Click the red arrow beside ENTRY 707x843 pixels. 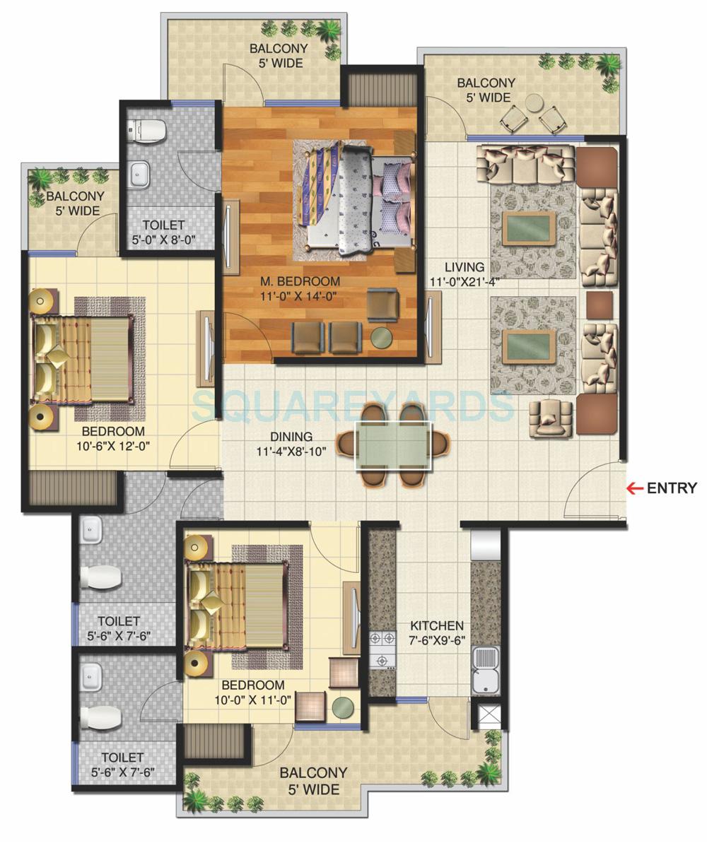pyautogui.click(x=634, y=488)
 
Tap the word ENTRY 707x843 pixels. pyautogui.click(x=672, y=488)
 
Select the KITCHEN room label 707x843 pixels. pyautogui.click(x=437, y=632)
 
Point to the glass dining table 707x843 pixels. pyautogui.click(x=393, y=446)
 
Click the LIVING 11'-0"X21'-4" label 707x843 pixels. pyautogui.click(x=464, y=274)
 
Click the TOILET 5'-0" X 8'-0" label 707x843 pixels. pyautogui.click(x=163, y=232)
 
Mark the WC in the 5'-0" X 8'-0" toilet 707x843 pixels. pyautogui.click(x=147, y=131)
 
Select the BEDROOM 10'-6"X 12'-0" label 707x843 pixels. pyautogui.click(x=113, y=438)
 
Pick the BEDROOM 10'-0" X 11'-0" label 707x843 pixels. pyautogui.click(x=253, y=692)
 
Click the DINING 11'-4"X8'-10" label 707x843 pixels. pyautogui.click(x=291, y=444)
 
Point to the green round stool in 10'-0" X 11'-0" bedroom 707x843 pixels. pyautogui.click(x=344, y=706)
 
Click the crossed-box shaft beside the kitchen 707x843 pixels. pyautogui.click(x=489, y=717)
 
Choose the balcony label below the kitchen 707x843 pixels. pyautogui.click(x=313, y=781)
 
